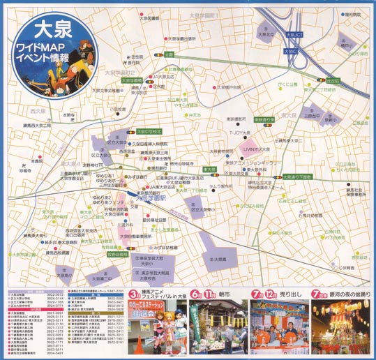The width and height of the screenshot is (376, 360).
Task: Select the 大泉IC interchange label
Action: [x=289, y=51]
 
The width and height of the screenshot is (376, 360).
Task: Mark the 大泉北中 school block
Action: [x=266, y=30]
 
